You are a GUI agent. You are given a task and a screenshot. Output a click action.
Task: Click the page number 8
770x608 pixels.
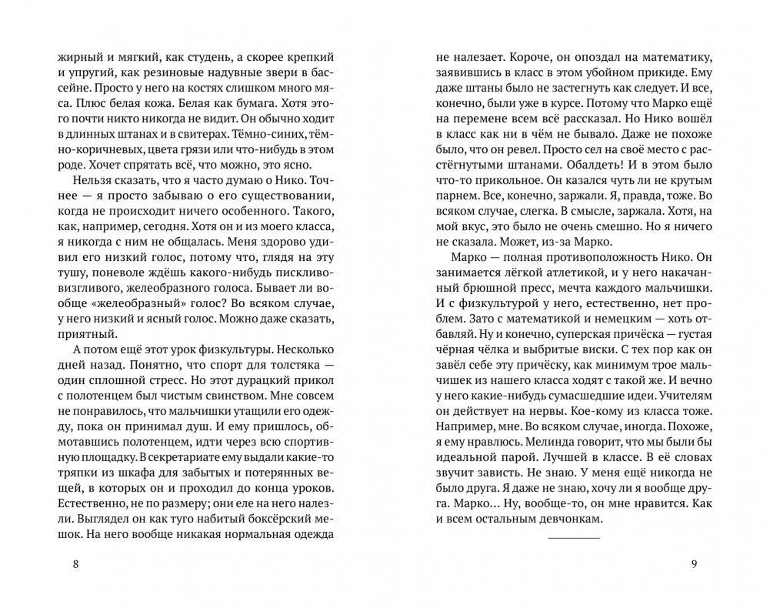tap(75, 564)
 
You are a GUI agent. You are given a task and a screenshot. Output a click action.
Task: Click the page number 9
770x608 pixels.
tap(694, 564)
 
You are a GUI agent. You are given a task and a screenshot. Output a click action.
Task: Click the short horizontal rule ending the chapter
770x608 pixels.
tap(573, 536)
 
